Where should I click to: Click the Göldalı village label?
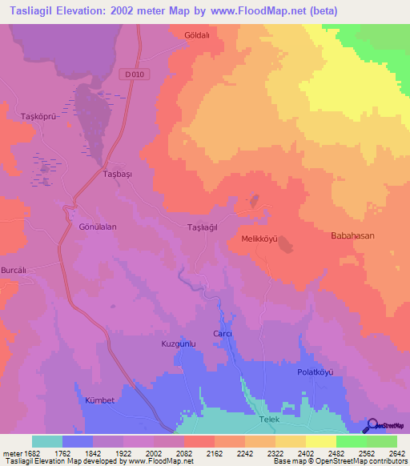[196, 36]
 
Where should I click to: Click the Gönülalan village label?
[98, 227]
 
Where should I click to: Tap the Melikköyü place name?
[259, 239]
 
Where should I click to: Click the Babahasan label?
[352, 236]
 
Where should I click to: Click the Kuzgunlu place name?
[179, 343]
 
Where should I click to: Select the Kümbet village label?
[100, 398]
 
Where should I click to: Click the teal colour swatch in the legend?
[47, 441]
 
